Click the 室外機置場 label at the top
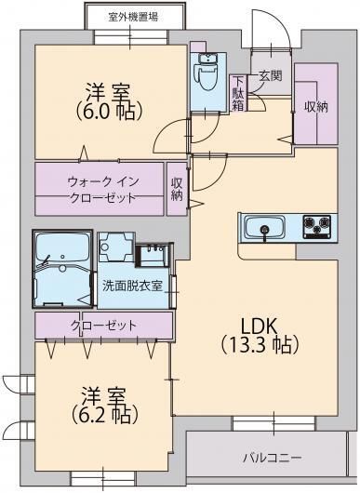(x=132, y=16)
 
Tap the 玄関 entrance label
(x=271, y=75)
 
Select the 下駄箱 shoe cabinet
(x=239, y=92)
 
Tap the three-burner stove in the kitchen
(x=316, y=224)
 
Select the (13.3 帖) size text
(x=260, y=346)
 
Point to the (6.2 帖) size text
(x=103, y=410)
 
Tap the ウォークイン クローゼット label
(x=101, y=190)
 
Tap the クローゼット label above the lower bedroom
(x=103, y=326)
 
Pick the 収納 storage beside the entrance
(x=316, y=106)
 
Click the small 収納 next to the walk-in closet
(x=177, y=189)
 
